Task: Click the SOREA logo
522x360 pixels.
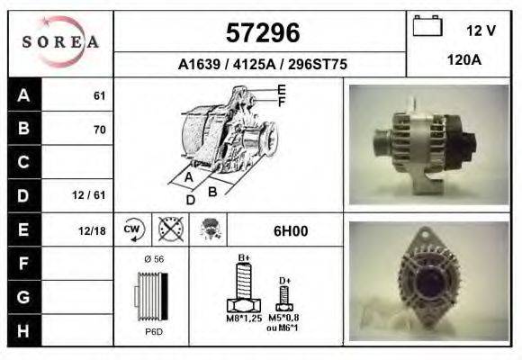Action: click(x=61, y=43)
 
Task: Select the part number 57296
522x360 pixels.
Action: click(x=261, y=32)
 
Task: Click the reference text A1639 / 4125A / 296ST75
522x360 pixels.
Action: click(x=262, y=65)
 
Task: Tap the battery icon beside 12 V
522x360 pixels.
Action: click(x=427, y=27)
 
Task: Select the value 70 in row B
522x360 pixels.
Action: click(x=99, y=130)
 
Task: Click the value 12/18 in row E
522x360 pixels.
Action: click(x=92, y=230)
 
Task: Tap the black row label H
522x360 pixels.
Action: click(x=24, y=330)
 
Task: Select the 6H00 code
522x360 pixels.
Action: click(x=290, y=230)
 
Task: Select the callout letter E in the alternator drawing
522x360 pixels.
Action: click(x=281, y=89)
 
